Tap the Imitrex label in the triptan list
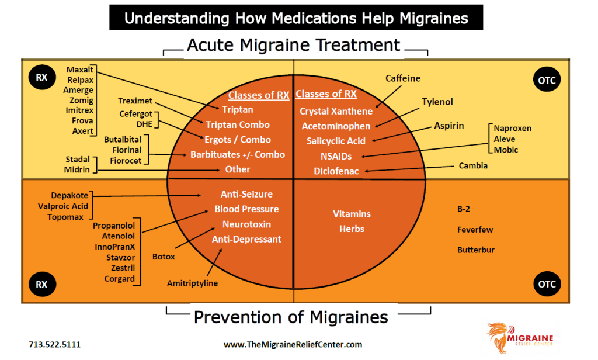(79, 110)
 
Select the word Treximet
(135, 101)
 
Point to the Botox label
(164, 257)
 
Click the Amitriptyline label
(192, 283)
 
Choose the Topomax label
(67, 217)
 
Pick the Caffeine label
(403, 78)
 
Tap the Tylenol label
(437, 102)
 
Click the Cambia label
(473, 166)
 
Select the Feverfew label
(475, 230)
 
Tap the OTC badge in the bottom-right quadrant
(547, 285)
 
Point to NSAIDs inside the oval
(336, 156)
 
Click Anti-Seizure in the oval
(246, 194)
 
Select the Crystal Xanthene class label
(336, 111)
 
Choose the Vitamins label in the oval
(352, 214)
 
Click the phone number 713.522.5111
(54, 345)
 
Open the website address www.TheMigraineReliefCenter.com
(293, 345)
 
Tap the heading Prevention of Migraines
(291, 317)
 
